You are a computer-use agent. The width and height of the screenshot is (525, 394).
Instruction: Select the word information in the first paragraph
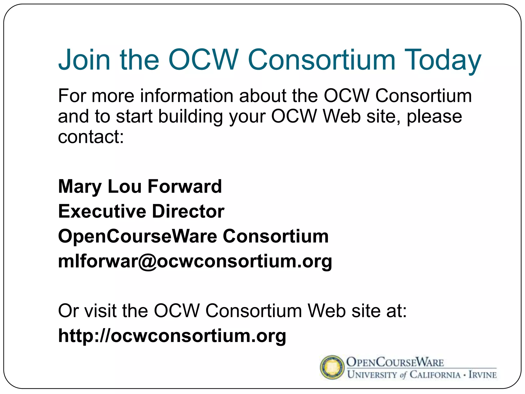187,96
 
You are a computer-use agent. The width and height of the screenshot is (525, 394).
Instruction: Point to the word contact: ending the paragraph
91,137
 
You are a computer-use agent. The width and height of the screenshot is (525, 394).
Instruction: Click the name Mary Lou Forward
140,187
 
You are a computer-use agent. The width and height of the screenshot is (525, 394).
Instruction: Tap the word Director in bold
188,211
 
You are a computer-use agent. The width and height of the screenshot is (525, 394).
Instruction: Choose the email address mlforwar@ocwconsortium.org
195,261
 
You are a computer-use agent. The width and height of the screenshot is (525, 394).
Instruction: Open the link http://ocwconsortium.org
172,336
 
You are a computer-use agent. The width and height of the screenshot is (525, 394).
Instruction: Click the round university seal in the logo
332,367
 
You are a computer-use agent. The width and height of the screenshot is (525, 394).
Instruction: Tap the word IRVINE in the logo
483,375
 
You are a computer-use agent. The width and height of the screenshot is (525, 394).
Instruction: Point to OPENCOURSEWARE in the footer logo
395,362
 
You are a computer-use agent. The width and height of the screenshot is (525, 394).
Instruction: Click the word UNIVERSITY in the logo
372,375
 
